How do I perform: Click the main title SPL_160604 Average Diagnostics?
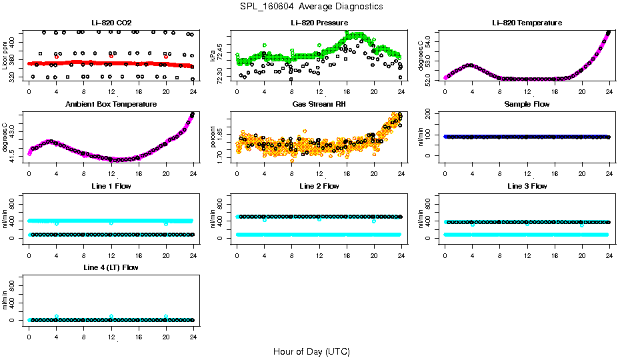312,6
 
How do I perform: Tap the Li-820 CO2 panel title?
111,23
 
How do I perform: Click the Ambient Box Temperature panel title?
111,104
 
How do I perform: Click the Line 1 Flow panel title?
111,186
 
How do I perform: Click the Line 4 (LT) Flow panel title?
111,267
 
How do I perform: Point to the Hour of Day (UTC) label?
311,351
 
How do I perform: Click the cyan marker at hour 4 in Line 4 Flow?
57,316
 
